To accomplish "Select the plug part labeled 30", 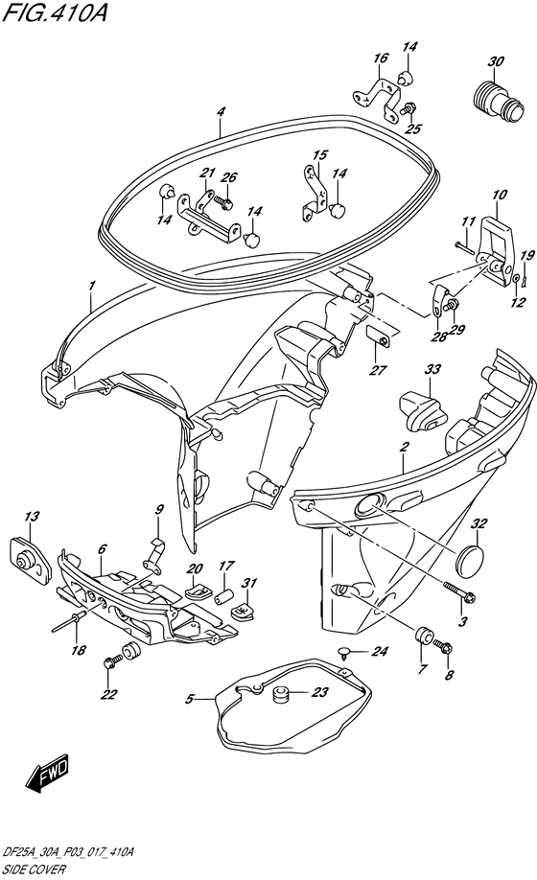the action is pos(496,100).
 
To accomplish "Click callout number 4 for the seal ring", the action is pos(222,112).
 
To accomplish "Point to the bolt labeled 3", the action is pos(459,591).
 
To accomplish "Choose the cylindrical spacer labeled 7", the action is pos(424,637).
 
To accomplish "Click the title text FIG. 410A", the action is pos(55,12).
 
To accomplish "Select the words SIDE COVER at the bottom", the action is pos(34,869).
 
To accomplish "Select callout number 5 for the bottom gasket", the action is pos(189,699).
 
